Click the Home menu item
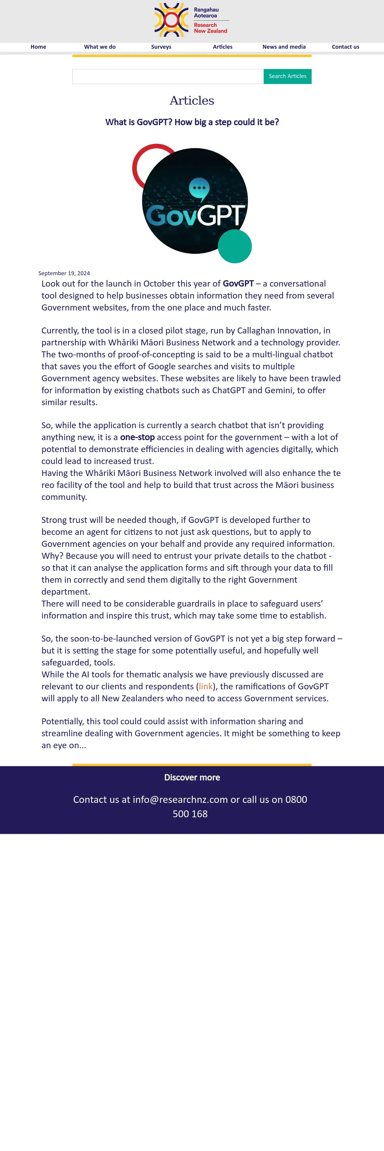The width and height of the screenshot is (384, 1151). (39, 47)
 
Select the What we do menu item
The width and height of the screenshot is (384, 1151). (100, 47)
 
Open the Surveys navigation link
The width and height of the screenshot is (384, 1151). (161, 47)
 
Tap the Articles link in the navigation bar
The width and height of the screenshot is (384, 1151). (223, 47)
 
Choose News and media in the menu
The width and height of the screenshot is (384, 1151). (284, 47)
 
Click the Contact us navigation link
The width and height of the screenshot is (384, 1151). (345, 47)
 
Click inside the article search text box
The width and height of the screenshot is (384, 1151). (168, 76)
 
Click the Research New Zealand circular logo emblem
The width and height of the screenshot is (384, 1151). (171, 20)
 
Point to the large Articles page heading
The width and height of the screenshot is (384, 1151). (192, 100)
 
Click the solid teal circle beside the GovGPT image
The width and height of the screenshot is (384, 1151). (235, 246)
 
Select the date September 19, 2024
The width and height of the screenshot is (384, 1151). (64, 273)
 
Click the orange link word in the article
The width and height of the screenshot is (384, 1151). (206, 686)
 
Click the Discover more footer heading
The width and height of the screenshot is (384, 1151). (192, 777)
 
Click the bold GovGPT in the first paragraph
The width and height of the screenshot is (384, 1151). (238, 284)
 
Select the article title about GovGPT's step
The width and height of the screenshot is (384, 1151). (192, 123)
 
